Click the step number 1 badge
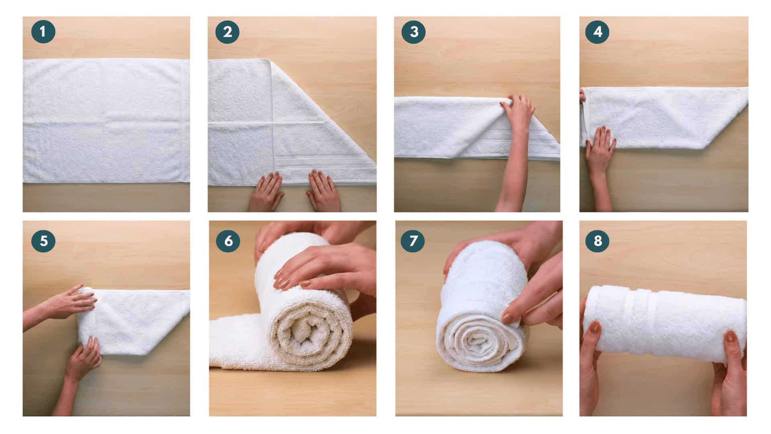pos(43,32)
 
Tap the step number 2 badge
pos(227,32)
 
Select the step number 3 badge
pos(413,32)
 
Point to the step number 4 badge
pos(597,32)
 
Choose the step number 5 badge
pos(43,241)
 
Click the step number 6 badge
pos(228,241)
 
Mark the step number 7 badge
pos(413,241)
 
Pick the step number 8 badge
pos(598,241)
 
